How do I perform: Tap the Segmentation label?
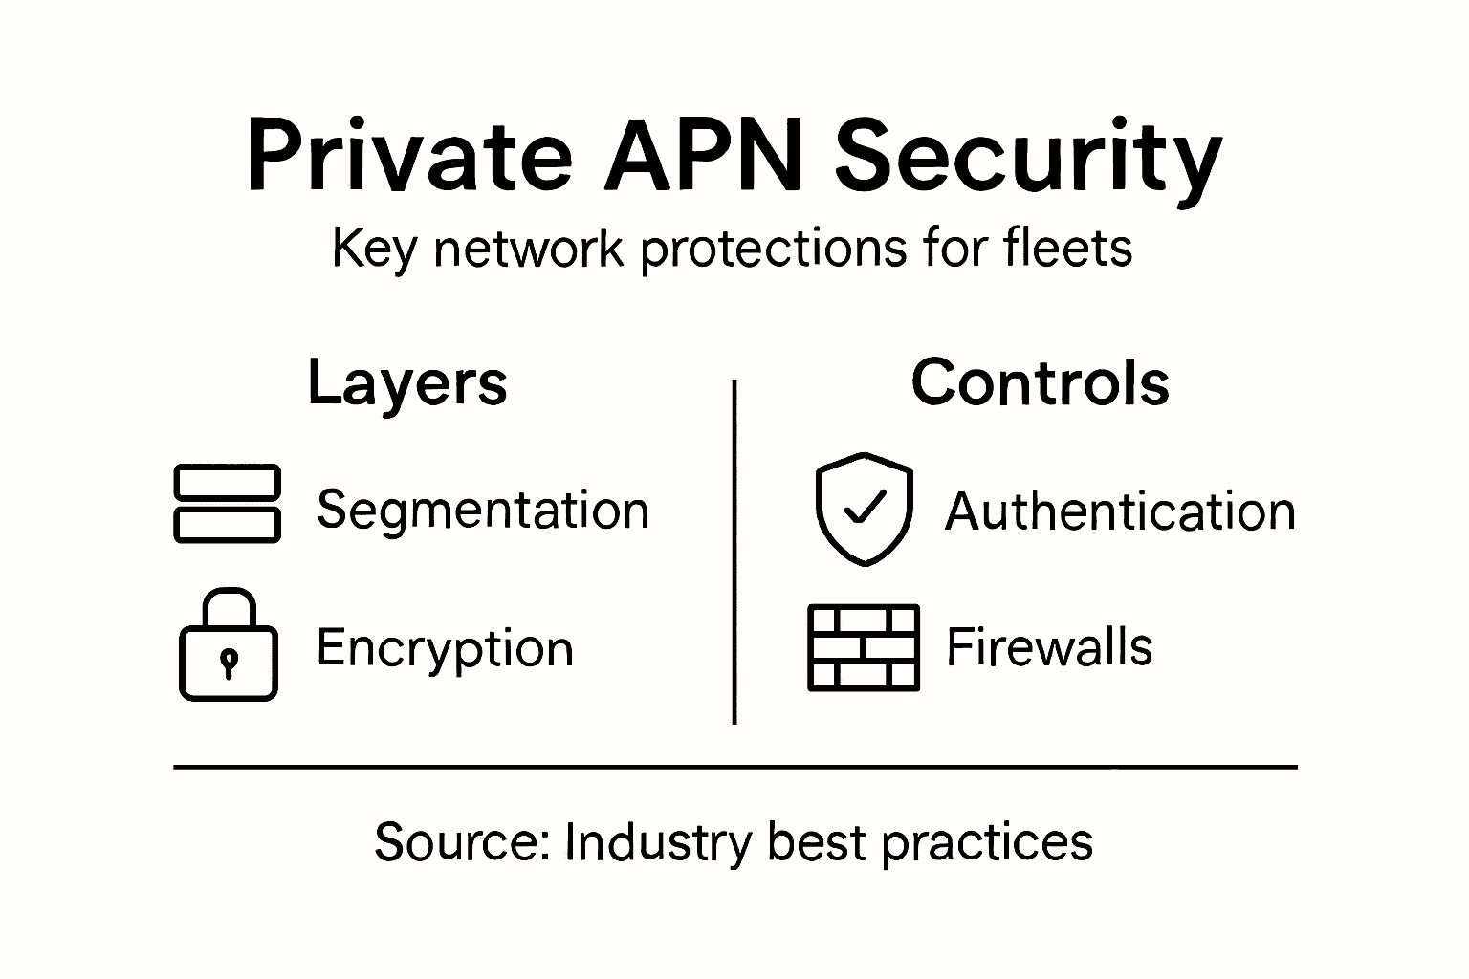tap(483, 509)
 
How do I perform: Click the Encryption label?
tap(445, 647)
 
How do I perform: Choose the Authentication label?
tap(1120, 511)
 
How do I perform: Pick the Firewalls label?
tap(1049, 646)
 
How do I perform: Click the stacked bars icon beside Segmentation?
tap(227, 504)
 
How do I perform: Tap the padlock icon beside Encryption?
tap(229, 646)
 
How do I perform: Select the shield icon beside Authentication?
tap(864, 509)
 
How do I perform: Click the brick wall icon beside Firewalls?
tap(864, 647)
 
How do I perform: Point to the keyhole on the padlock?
tap(229, 662)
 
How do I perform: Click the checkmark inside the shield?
tap(866, 506)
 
